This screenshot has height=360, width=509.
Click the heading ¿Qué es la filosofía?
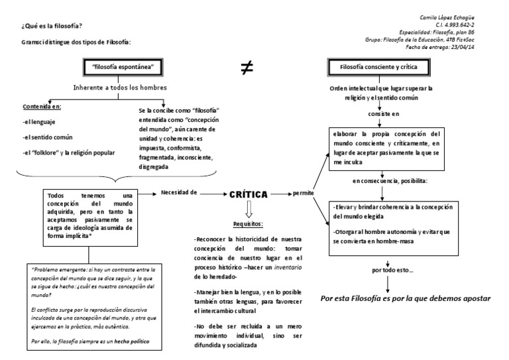(x=52, y=26)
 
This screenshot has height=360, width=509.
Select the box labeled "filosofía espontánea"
(x=123, y=67)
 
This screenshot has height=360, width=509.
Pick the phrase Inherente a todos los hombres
(x=121, y=88)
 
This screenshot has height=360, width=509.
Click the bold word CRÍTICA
(x=248, y=195)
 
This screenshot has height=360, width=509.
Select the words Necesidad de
(x=179, y=192)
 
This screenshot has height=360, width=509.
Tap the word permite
(x=302, y=194)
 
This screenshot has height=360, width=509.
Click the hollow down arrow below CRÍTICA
(x=248, y=210)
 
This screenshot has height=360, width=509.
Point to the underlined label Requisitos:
(x=248, y=224)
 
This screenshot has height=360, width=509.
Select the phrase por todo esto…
(x=386, y=270)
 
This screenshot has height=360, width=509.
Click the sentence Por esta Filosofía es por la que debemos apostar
(x=405, y=298)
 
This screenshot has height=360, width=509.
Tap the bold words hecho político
(x=130, y=341)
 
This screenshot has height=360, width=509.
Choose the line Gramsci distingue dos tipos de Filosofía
(x=76, y=42)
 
